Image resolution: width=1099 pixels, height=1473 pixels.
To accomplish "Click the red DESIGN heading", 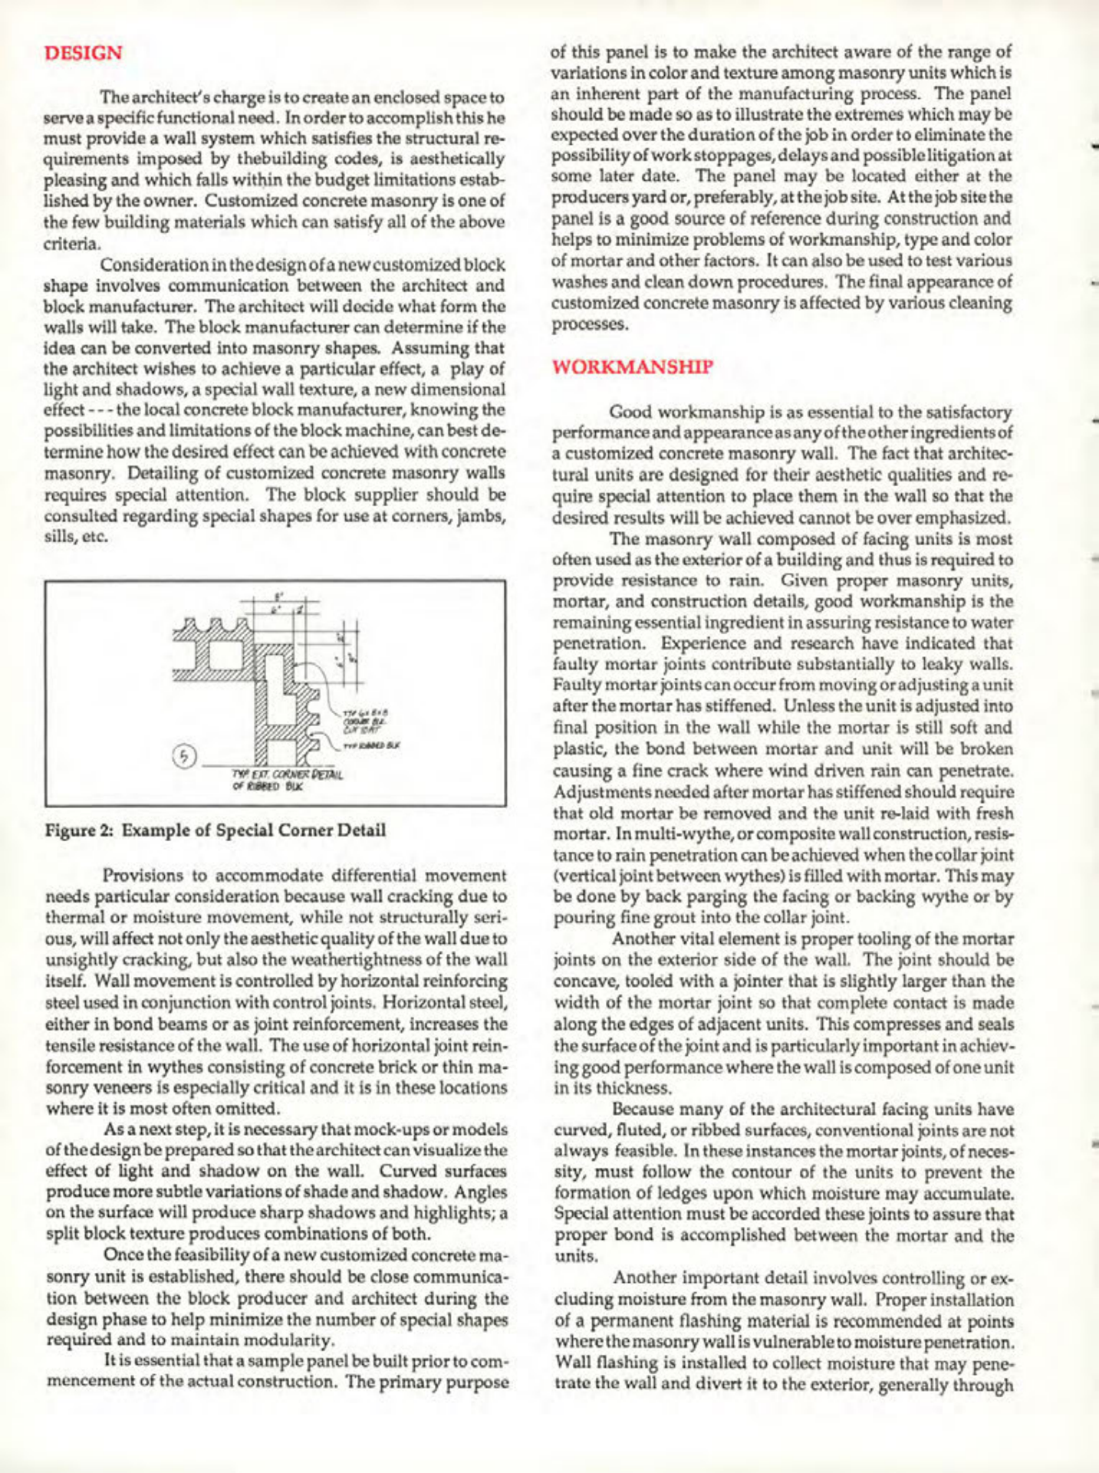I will pyautogui.click(x=83, y=54).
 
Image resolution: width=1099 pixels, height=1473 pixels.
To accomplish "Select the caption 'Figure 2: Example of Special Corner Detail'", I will pyautogui.click(x=215, y=830).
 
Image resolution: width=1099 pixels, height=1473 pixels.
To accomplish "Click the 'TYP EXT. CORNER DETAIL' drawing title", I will pyautogui.click(x=288, y=774).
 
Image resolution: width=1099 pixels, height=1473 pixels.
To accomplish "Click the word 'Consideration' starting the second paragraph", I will pyautogui.click(x=150, y=265).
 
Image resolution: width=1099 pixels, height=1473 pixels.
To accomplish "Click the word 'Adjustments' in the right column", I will pyautogui.click(x=598, y=791).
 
